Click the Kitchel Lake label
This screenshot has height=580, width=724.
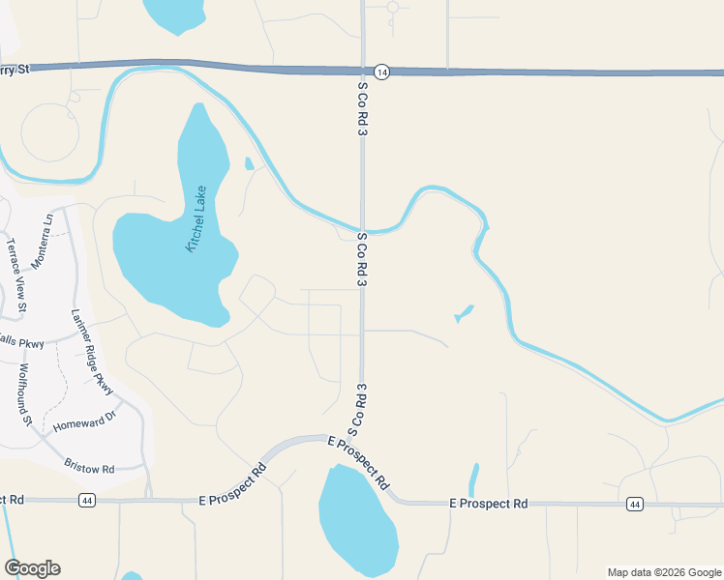tap(197, 218)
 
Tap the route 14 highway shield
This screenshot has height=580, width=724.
tap(381, 72)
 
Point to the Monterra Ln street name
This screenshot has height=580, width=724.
tap(40, 242)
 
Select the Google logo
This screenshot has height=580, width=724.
tap(33, 568)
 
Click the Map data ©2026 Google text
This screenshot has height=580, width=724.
tap(664, 572)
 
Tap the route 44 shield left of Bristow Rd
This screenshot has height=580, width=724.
tap(87, 500)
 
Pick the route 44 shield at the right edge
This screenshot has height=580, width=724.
tap(634, 505)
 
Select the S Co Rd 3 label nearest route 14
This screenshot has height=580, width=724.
tap(362, 107)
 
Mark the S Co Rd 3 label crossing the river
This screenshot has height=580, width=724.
tap(362, 259)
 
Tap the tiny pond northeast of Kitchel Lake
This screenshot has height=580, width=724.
tap(250, 163)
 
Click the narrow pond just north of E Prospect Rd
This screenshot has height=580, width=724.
tap(473, 479)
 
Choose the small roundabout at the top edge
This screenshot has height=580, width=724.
tap(393, 7)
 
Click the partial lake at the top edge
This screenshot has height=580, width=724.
tap(174, 14)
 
